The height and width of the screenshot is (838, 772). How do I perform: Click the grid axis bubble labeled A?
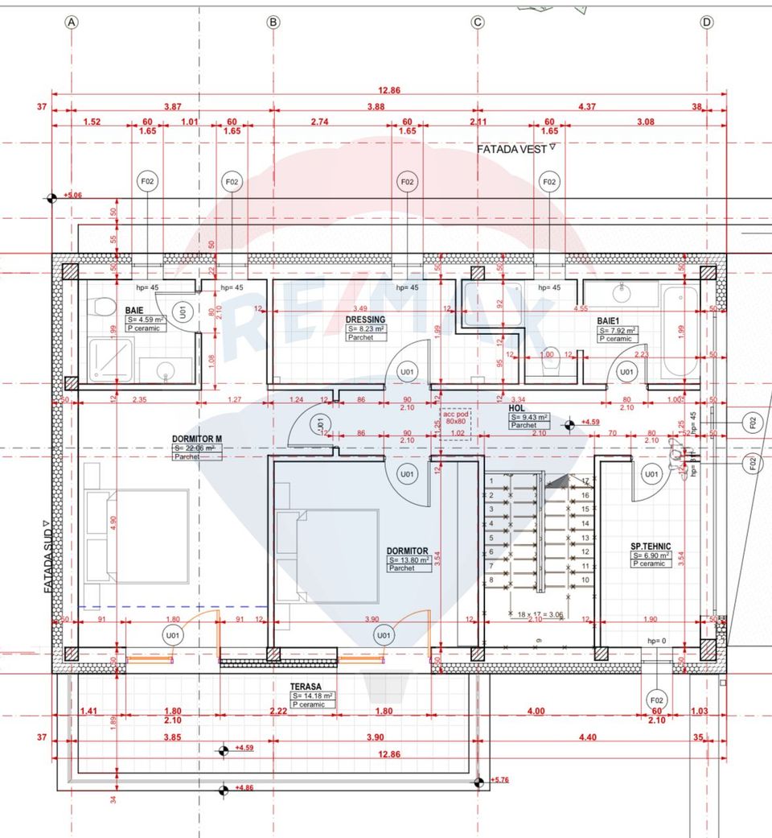(72, 23)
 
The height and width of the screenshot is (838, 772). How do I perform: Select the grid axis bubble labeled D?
(707, 23)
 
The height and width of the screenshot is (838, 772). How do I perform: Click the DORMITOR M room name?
(196, 439)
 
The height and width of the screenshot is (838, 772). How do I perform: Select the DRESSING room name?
(367, 320)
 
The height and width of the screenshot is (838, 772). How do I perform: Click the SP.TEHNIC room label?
(651, 546)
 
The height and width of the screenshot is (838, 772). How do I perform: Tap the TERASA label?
(306, 687)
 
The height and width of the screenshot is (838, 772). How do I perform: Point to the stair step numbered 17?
(586, 481)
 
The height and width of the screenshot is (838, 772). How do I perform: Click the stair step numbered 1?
(491, 481)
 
